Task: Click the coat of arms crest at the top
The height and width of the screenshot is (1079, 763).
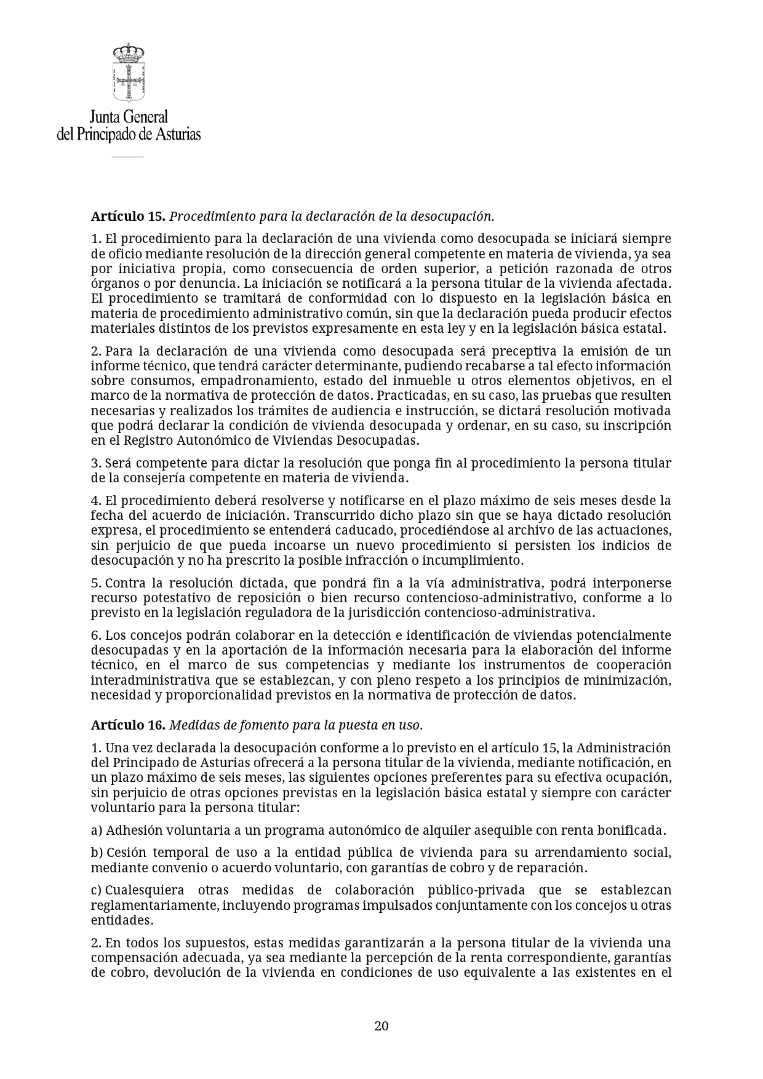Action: (x=128, y=72)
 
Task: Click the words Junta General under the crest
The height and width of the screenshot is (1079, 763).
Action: (x=129, y=117)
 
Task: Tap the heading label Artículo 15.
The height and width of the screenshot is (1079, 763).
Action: (x=128, y=217)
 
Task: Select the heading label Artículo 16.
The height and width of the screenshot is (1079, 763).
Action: (x=128, y=725)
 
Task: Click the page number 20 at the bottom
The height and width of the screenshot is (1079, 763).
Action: (x=381, y=1025)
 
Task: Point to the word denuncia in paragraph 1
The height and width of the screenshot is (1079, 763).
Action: (x=214, y=284)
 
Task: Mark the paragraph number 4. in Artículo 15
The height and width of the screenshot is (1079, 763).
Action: (x=96, y=501)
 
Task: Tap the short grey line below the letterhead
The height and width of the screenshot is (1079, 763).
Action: (x=127, y=157)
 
